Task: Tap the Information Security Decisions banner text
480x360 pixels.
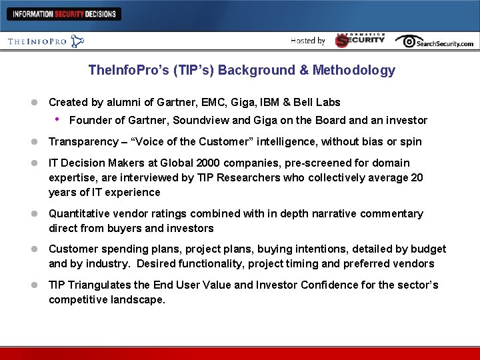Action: click(x=64, y=13)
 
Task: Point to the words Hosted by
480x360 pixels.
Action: click(x=308, y=41)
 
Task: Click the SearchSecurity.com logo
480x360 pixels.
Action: click(x=434, y=41)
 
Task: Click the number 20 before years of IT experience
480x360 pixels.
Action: click(x=417, y=178)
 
